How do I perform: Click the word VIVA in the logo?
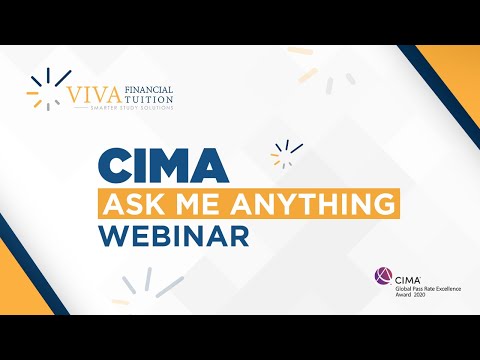(92, 97)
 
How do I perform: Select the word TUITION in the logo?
(148, 101)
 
